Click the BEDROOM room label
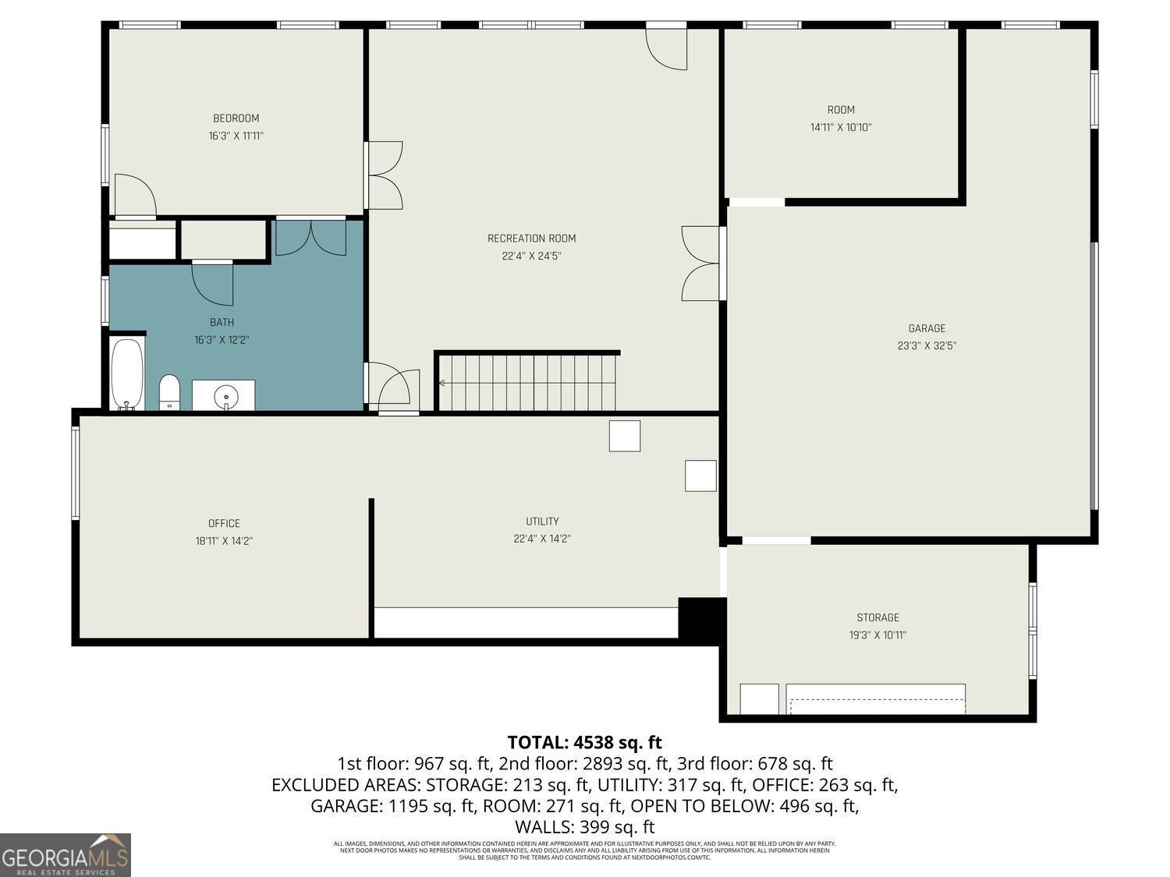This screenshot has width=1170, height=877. [x=236, y=118]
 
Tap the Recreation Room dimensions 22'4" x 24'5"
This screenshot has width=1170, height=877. [x=531, y=256]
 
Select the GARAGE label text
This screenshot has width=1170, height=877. [x=927, y=328]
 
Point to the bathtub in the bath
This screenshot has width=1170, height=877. [x=126, y=373]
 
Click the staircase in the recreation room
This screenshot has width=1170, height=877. [x=527, y=382]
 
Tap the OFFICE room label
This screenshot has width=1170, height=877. [x=224, y=523]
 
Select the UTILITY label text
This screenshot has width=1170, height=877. [x=542, y=522]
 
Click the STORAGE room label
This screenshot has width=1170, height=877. [x=877, y=617]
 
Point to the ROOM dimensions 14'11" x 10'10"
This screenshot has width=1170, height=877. [x=841, y=127]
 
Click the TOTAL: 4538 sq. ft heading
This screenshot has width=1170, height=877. [x=584, y=742]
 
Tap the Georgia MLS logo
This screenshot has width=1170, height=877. [x=66, y=855]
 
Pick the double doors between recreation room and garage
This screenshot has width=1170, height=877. [x=700, y=263]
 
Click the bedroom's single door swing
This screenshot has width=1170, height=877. [x=134, y=195]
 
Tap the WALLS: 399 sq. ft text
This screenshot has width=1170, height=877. [x=584, y=826]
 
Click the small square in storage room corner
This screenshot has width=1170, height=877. [x=759, y=698]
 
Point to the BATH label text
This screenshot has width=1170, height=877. [x=222, y=322]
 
